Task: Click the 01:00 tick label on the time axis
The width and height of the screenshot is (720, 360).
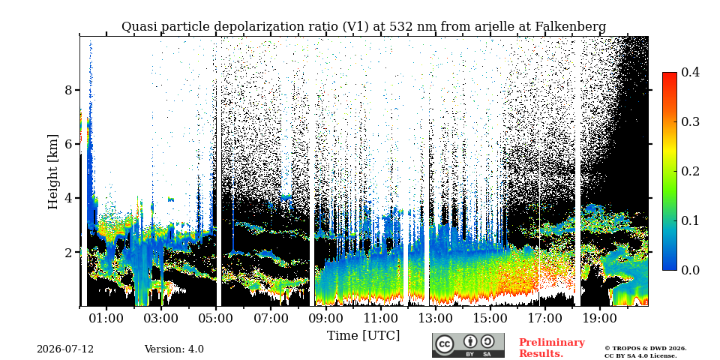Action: tap(106, 318)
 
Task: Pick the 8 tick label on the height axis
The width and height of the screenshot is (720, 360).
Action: tap(69, 89)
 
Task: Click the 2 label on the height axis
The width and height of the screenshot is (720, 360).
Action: tap(69, 252)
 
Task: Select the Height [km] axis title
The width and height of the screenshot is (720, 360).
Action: tap(53, 172)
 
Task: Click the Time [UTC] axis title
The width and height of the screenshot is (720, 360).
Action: tap(363, 336)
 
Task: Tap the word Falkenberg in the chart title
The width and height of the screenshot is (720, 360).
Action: tap(571, 27)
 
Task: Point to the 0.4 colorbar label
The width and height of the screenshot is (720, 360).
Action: tap(690, 72)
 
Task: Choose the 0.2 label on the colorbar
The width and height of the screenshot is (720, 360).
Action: tap(690, 171)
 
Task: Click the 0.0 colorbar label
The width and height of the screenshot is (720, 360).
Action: tap(690, 270)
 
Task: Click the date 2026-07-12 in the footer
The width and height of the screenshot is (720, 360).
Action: tap(65, 349)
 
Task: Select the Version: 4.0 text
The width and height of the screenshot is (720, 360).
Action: tap(174, 349)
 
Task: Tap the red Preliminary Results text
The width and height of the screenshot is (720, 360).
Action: tap(552, 347)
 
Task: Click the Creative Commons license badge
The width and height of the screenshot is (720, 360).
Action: tap(468, 345)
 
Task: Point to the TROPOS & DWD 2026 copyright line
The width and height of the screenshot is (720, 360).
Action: tap(646, 349)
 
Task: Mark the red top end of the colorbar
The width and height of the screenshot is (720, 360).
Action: tap(670, 74)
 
